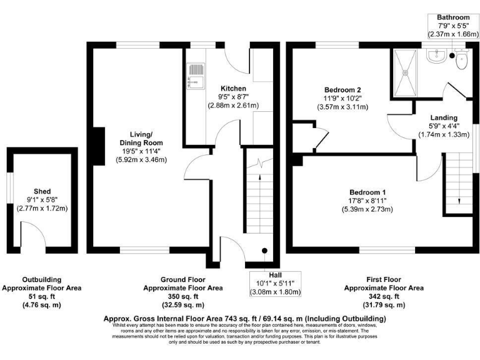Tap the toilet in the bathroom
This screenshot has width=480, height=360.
(461, 61)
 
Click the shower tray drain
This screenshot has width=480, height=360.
(407, 72)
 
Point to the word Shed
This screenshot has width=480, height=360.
(42, 191)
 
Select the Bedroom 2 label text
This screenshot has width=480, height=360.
(342, 89)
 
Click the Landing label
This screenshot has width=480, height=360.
(444, 117)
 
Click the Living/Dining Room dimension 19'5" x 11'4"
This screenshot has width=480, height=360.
(145, 151)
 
